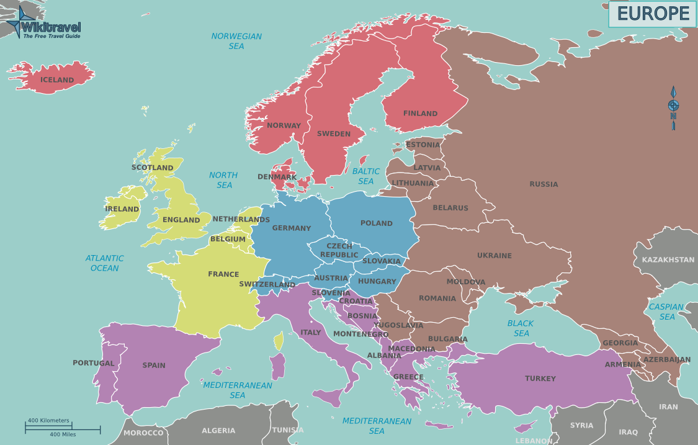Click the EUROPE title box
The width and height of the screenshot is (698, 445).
coord(653,14)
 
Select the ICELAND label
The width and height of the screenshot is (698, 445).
coord(57,80)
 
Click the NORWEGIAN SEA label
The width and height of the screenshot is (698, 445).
coord(236,41)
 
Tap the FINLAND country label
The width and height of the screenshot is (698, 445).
coord(420,114)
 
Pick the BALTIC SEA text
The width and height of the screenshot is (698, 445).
coord(366,176)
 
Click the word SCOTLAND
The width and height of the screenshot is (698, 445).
coord(152,168)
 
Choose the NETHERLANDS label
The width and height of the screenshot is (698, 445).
coord(241,219)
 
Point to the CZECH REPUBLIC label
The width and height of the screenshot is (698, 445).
coord(339,251)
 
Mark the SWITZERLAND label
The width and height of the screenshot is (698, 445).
coord(267,285)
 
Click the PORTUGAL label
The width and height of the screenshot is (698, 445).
coord(93,363)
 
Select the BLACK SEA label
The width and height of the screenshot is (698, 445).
coord(521,328)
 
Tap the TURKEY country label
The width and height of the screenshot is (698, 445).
coord(540,379)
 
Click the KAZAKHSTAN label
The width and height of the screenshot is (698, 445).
coord(668,259)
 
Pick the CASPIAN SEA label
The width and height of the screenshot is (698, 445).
coord(666,312)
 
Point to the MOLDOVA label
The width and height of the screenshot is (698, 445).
coord(466,282)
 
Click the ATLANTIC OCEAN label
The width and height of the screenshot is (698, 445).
coord(105,263)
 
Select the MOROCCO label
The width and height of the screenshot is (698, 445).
coord(143,433)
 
